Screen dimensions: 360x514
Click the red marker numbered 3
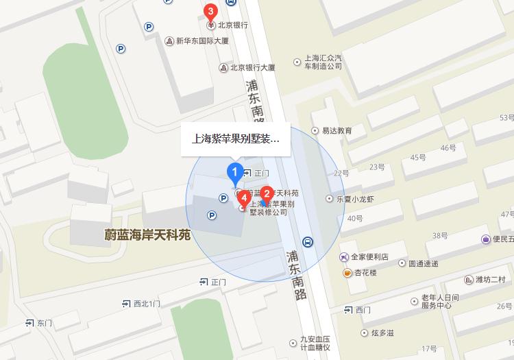click(210, 11)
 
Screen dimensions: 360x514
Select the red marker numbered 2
click(267, 193)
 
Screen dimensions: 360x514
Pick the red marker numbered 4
click(244, 200)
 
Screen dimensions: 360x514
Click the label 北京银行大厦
click(252, 67)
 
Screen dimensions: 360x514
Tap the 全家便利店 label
click(369, 257)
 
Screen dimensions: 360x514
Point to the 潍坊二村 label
click(490, 280)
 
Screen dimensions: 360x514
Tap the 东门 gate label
click(44, 322)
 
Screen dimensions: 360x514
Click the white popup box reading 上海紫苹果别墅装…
click(235, 140)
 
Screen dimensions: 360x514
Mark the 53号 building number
click(506, 117)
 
